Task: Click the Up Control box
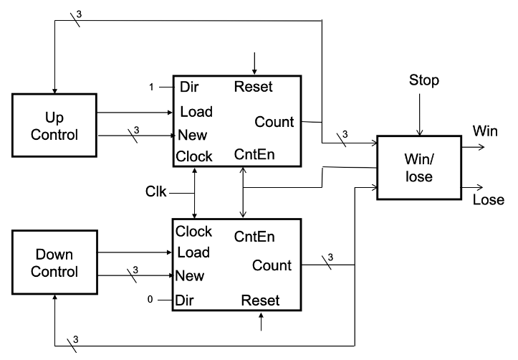click(54, 124)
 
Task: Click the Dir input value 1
click(151, 87)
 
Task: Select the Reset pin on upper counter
click(253, 87)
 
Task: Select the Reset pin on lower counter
click(260, 299)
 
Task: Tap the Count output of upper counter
click(274, 122)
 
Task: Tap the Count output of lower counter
click(272, 265)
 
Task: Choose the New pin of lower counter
click(191, 275)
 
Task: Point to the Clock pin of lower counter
click(193, 232)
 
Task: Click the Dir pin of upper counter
click(188, 87)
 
